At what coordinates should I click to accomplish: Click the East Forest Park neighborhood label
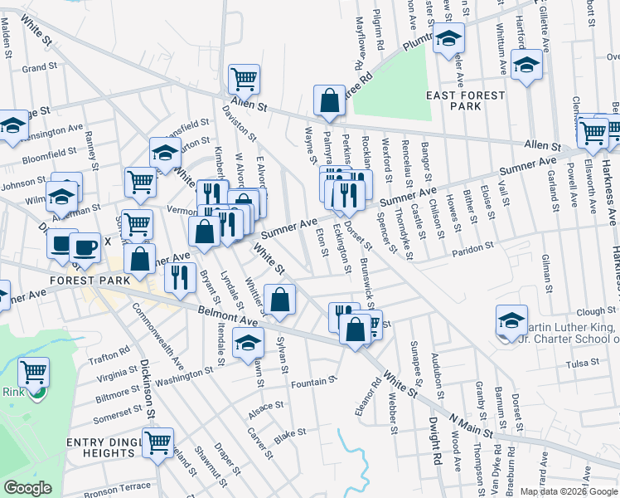[465, 100]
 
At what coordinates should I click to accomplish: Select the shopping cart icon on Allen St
[245, 80]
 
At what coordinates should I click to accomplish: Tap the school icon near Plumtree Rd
[448, 38]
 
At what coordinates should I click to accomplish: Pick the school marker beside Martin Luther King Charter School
[512, 322]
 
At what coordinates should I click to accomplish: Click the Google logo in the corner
[28, 488]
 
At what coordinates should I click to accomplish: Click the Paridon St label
[472, 246]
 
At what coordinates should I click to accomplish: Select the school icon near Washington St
[248, 343]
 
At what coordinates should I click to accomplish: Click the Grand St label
[39, 67]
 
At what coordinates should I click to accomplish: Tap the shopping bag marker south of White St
[280, 300]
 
